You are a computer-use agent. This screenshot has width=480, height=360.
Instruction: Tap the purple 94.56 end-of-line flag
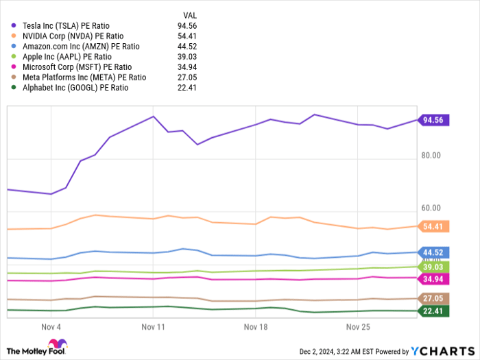click(x=433, y=120)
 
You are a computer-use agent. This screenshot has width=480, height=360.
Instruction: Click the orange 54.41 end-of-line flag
click(x=433, y=226)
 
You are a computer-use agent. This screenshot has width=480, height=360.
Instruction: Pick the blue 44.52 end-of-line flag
click(x=433, y=252)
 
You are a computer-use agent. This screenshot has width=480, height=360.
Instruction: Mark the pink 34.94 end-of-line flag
click(x=433, y=278)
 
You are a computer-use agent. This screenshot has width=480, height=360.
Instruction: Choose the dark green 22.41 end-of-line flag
click(x=433, y=311)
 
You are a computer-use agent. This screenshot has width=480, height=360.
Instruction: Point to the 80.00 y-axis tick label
click(x=431, y=156)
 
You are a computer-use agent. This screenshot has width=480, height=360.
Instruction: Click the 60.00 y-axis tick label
click(x=431, y=208)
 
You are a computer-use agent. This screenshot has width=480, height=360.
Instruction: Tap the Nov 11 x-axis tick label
click(x=154, y=327)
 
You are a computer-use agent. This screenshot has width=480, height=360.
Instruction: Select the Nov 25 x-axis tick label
click(x=358, y=327)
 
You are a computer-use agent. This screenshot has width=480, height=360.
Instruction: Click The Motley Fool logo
click(x=38, y=346)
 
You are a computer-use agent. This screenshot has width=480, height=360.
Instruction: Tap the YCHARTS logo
click(x=442, y=351)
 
